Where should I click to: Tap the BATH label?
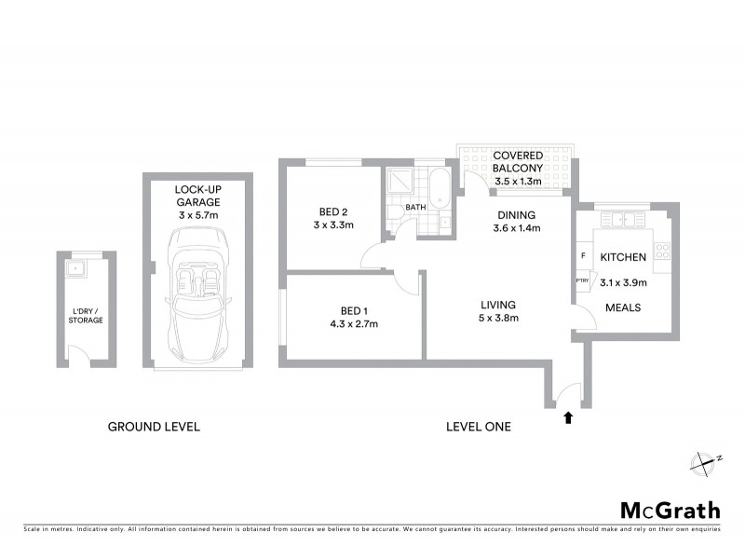point(414,207)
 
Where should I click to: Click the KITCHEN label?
point(623,256)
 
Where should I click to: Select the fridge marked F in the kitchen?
point(582,254)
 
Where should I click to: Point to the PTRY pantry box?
point(582,279)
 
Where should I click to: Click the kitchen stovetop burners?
point(662,250)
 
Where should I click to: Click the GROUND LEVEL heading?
point(155,427)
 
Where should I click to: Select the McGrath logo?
point(670,510)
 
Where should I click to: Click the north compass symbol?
point(705,459)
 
